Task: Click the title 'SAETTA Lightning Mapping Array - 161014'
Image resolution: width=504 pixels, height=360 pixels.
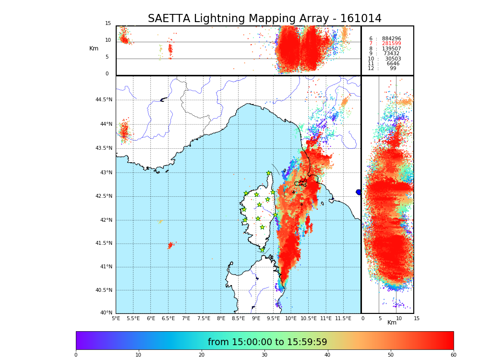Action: click(x=264, y=19)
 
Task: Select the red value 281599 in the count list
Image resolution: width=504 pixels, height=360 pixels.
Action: click(x=391, y=44)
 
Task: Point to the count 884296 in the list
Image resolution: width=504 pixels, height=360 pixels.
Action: click(x=391, y=39)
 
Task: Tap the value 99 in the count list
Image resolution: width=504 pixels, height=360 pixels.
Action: click(x=393, y=69)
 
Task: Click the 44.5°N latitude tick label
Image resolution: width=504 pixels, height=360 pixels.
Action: click(x=104, y=100)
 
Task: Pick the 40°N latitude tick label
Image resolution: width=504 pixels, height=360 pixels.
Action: click(x=106, y=313)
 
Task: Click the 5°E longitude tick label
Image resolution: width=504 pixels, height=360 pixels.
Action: click(x=116, y=318)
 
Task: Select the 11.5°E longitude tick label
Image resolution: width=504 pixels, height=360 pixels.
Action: click(x=343, y=318)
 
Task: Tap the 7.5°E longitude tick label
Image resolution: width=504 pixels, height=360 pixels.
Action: click(x=204, y=318)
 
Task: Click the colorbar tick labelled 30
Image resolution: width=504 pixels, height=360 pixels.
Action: click(x=264, y=355)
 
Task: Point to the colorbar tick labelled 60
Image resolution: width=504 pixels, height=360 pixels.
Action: click(x=453, y=355)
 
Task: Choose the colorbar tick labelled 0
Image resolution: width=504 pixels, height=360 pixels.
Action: click(x=76, y=355)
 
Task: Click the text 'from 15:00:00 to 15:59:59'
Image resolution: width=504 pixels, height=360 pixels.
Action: click(x=267, y=342)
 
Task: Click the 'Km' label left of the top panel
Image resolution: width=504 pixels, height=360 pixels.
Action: click(x=94, y=48)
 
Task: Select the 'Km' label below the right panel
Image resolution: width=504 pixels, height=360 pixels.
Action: click(x=392, y=323)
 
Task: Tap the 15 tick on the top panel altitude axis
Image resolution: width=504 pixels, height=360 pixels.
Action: click(x=108, y=24)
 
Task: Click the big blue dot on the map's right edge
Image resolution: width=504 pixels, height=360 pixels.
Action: click(x=359, y=192)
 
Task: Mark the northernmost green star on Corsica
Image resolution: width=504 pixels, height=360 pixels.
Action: click(x=269, y=173)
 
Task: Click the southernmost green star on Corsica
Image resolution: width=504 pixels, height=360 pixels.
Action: click(x=262, y=250)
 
